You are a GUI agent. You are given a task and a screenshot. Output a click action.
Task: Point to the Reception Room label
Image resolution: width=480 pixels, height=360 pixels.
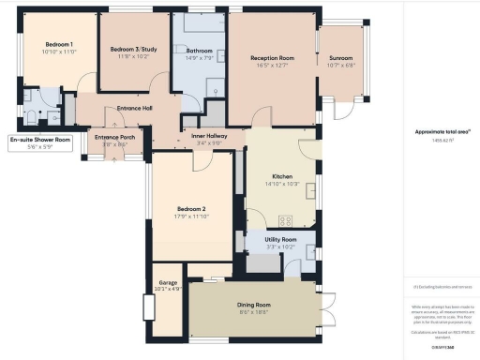pos(272,58)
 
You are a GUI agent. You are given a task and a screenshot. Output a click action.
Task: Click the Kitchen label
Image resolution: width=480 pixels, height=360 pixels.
pos(283,176)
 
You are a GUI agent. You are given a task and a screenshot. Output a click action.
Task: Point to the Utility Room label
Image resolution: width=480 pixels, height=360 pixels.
pos(280,241)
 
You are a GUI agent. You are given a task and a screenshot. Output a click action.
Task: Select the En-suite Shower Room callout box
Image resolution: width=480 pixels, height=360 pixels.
pos(40,142)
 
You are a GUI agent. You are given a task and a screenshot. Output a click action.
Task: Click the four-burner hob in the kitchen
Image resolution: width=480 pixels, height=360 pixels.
pos(285,220)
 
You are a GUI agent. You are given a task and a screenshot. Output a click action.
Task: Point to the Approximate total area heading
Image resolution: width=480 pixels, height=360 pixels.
pos(442,131)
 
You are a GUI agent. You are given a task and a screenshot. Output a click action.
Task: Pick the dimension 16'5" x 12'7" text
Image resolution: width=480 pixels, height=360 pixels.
pos(272,66)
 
